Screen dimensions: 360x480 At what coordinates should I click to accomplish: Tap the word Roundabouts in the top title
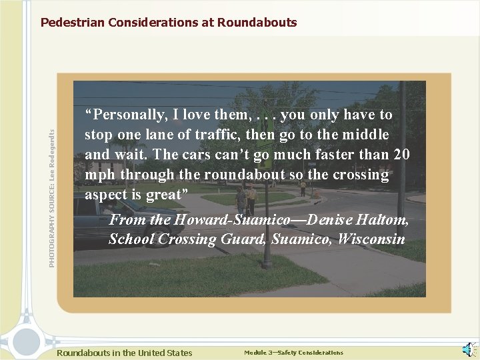(x=261, y=23)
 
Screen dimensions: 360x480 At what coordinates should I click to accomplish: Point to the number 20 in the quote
(x=401, y=155)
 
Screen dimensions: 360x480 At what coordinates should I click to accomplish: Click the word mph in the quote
(x=98, y=175)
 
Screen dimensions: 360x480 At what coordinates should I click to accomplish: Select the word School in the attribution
(x=129, y=239)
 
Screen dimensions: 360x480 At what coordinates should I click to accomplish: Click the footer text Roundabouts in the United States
(x=125, y=353)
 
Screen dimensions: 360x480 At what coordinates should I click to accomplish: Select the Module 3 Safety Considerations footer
(x=293, y=353)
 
